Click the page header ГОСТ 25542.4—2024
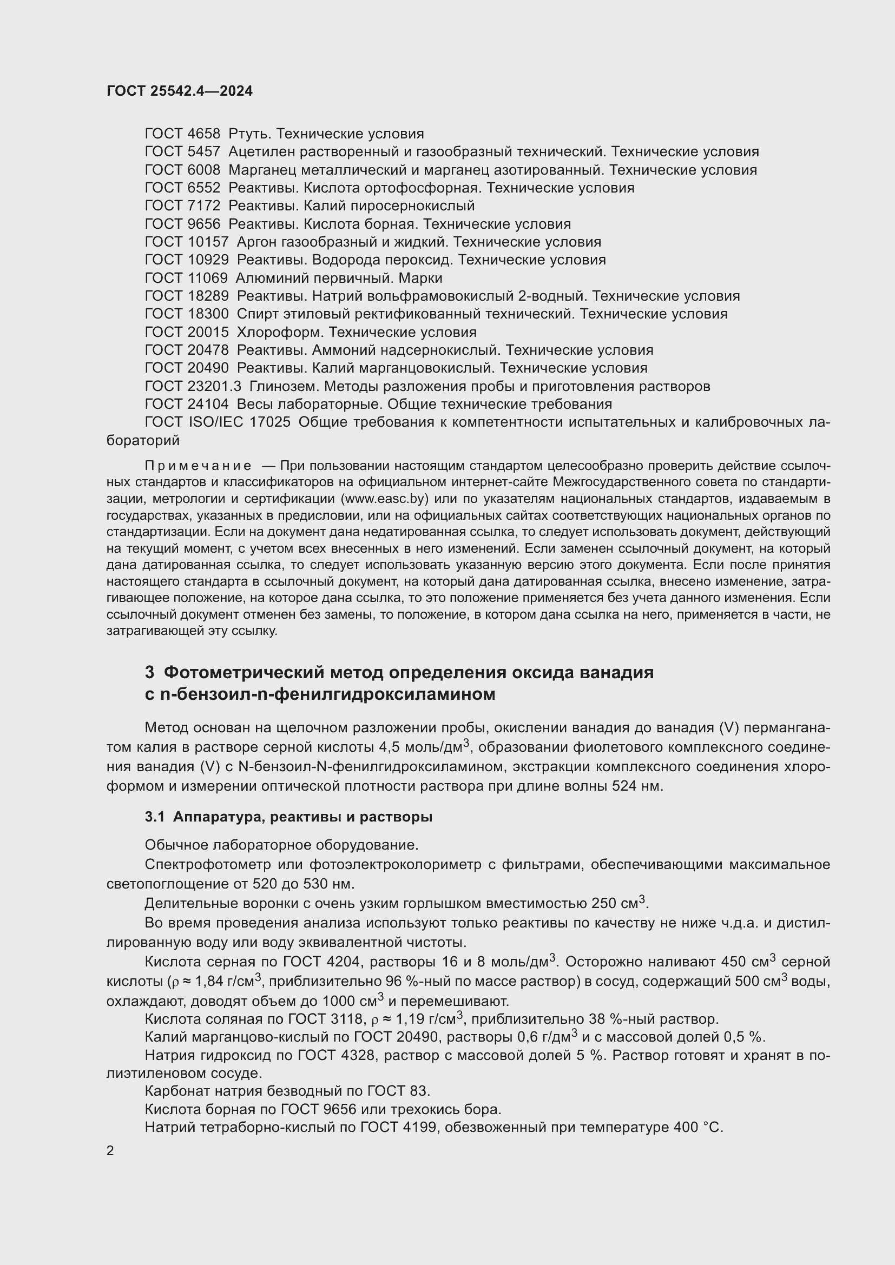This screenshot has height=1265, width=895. tap(180, 91)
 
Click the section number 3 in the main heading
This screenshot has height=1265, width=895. tap(149, 673)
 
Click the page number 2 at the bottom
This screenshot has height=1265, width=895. tap(110, 1151)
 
